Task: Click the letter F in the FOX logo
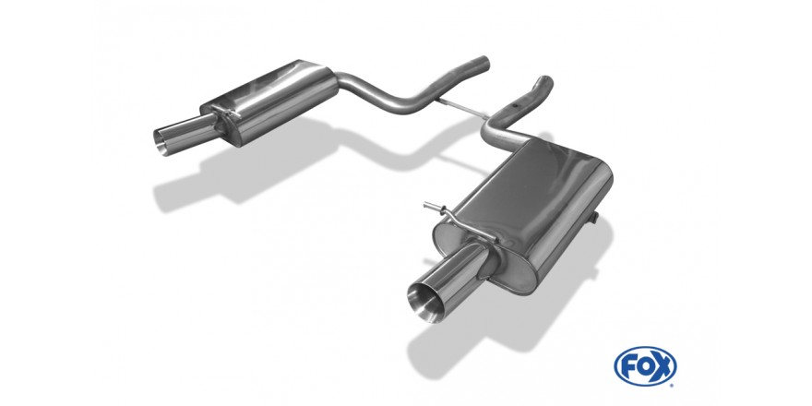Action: [628, 366]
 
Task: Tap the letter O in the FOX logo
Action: [644, 366]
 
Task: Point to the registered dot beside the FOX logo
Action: [675, 384]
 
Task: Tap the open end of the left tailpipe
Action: [163, 139]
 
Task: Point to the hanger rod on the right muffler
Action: [459, 221]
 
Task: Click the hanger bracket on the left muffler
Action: [226, 112]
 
